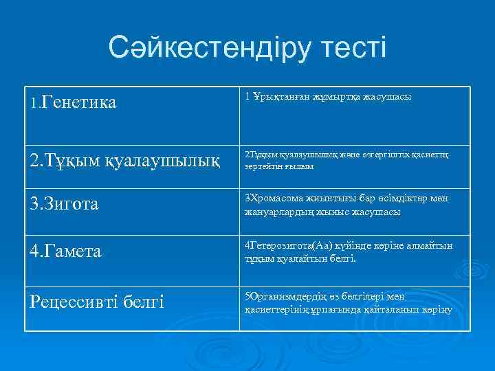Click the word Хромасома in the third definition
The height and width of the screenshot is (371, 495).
point(276,199)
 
